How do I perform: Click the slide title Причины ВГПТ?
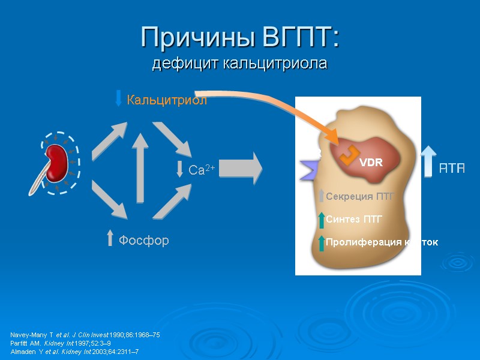240,38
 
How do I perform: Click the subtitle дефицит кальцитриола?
240,63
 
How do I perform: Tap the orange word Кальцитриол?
166,100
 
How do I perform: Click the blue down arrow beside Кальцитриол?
118,98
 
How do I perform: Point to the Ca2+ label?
202,170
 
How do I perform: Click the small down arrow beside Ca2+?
179,169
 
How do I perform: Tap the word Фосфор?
143,241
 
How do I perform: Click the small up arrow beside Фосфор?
110,239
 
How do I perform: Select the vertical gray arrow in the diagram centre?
140,167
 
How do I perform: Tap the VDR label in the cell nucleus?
370,163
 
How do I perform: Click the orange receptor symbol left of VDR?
345,155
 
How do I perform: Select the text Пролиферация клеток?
382,242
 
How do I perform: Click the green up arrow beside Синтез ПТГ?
322,220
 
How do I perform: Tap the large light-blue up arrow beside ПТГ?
428,161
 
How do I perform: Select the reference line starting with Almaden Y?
74,351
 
